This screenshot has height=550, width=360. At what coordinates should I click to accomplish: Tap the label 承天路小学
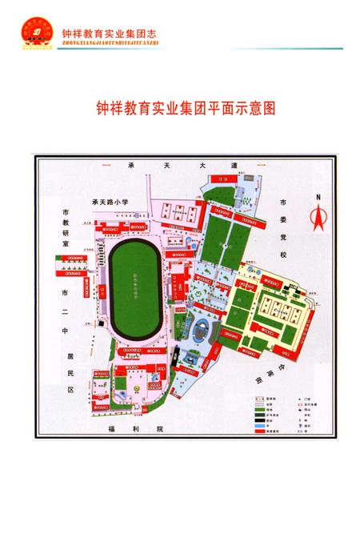coord(114,201)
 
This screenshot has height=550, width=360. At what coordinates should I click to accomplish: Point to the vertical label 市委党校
coord(283,226)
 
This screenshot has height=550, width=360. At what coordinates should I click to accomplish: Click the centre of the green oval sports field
coord(134,283)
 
